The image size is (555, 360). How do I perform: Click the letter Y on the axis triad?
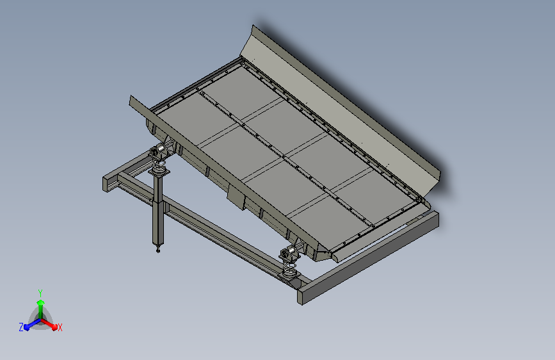click(40, 293)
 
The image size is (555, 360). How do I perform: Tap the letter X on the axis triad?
click(60, 328)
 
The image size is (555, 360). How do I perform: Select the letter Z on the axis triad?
click(21, 327)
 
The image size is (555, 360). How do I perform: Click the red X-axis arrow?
click(49, 324)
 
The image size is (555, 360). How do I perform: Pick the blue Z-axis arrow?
click(33, 324)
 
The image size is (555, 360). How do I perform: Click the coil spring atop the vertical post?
click(159, 164)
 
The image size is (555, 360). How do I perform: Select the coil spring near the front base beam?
click(289, 266)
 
